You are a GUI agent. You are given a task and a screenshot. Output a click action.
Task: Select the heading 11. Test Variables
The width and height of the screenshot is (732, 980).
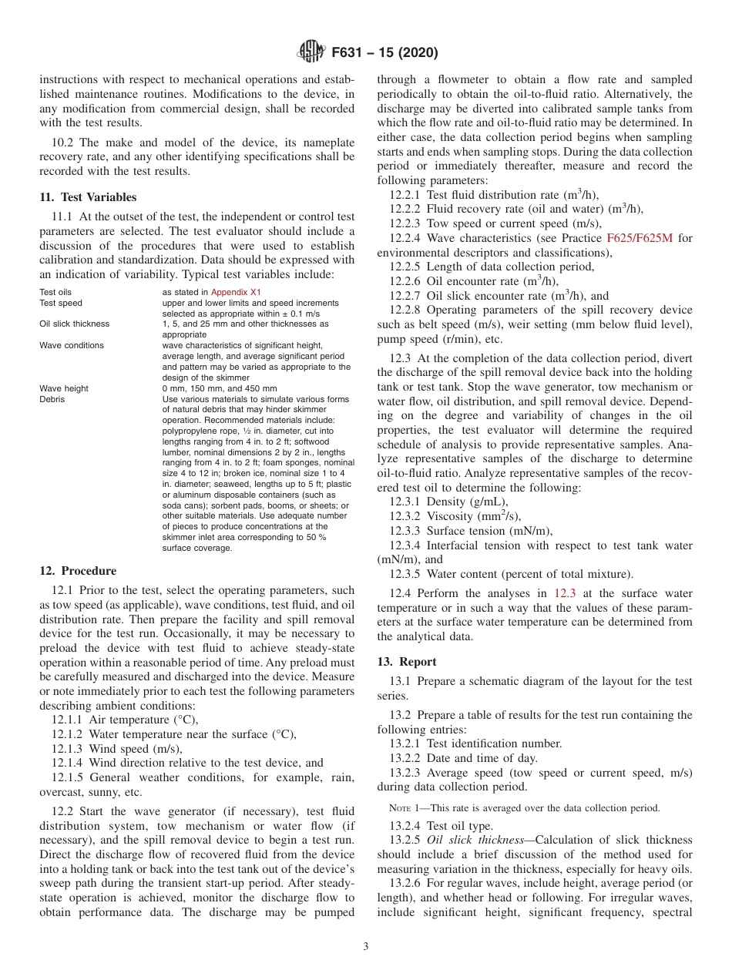point(88,197)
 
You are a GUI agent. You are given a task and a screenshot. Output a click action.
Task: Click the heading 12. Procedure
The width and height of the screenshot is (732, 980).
point(78,571)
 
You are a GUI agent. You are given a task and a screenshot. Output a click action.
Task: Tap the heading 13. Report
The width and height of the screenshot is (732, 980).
point(407,662)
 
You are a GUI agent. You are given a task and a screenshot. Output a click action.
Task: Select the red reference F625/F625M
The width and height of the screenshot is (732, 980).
point(640,238)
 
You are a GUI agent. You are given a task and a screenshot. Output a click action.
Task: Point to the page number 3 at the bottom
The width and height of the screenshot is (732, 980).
point(365,947)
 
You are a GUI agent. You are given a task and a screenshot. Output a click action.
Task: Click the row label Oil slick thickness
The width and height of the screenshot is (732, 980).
point(74,324)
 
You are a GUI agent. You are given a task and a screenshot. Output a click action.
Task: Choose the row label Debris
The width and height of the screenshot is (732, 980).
point(52,399)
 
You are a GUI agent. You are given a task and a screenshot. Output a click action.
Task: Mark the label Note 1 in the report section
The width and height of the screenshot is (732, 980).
point(408,807)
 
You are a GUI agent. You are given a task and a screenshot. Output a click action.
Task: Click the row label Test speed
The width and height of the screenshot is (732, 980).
point(60,303)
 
